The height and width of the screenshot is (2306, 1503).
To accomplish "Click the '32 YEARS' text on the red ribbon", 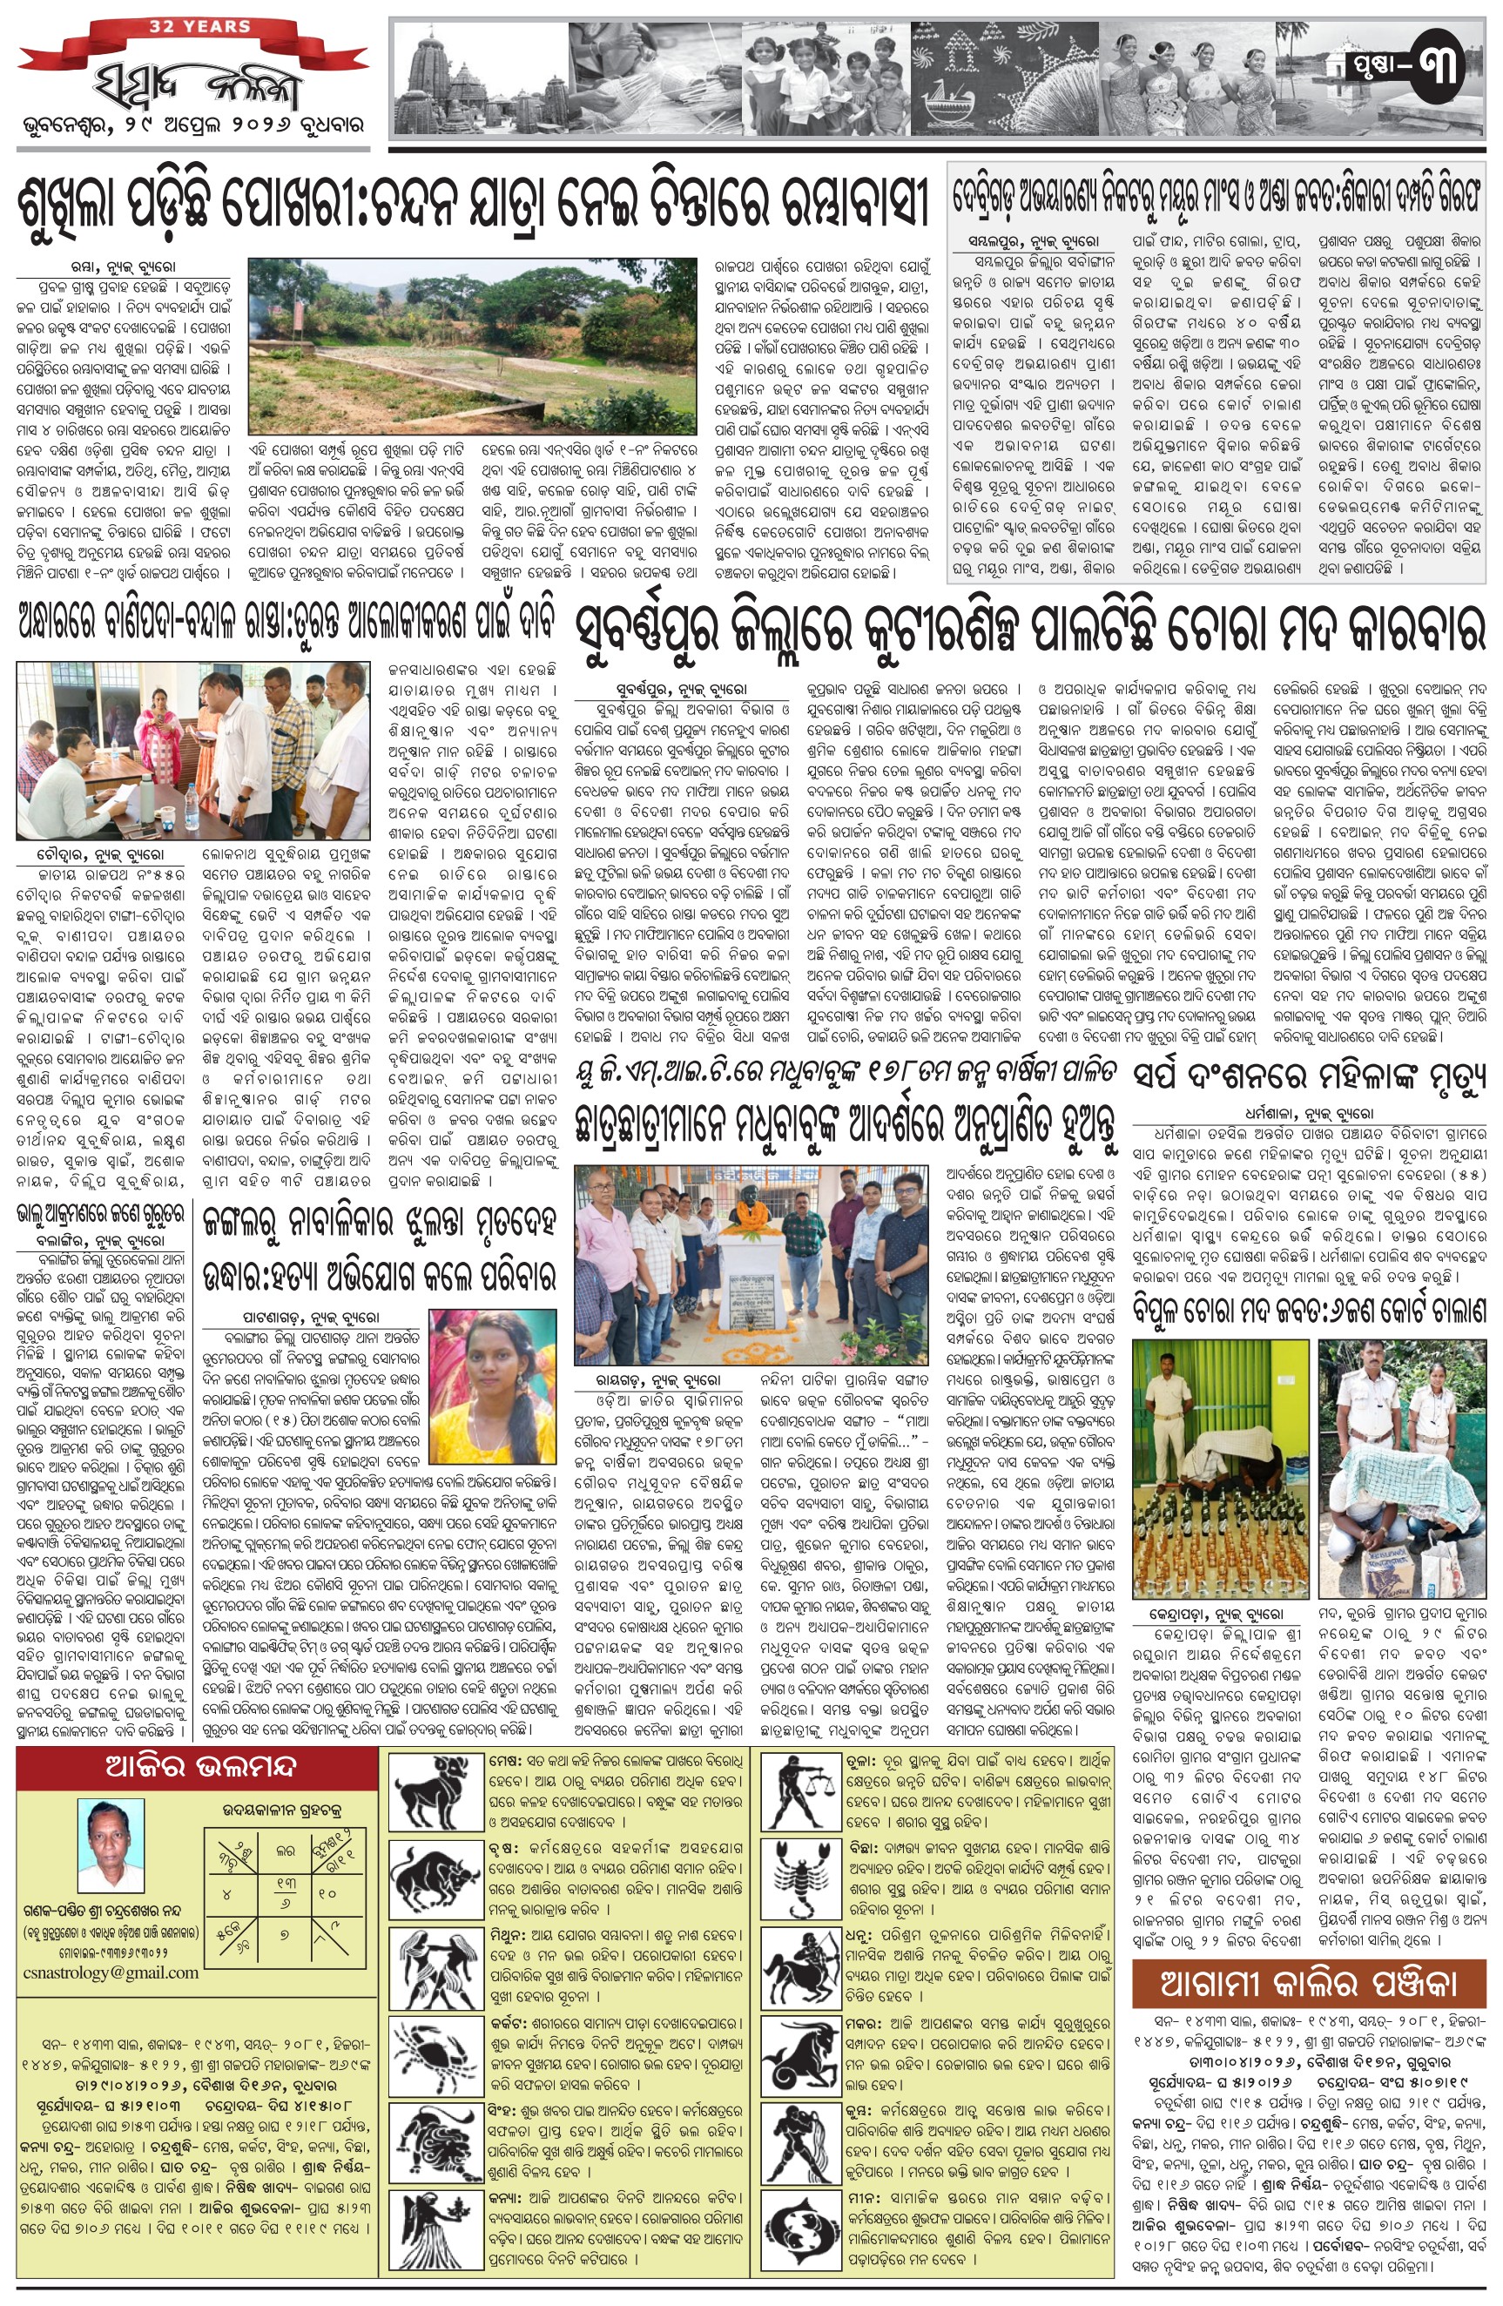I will [199, 27].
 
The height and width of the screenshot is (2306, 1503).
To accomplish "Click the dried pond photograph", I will [473, 346].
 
